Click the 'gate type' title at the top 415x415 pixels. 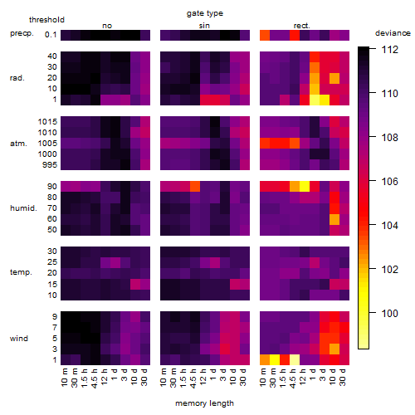[205, 13]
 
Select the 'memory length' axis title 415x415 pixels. [204, 403]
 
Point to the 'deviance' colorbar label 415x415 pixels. [393, 33]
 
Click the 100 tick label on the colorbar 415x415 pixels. [390, 313]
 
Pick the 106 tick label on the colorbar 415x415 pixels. [390, 182]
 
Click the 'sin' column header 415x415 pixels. [204, 26]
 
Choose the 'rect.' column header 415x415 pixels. [302, 26]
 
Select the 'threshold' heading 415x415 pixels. [46, 20]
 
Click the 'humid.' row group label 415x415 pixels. [23, 208]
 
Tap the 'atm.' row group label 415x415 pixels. [18, 144]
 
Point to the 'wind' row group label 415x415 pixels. [19, 339]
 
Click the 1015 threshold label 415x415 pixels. [47, 122]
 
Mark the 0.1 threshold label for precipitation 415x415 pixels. [51, 35]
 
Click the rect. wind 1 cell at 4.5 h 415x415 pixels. [295, 360]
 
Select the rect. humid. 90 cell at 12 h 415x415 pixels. [305, 187]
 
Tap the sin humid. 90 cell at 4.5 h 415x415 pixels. [195, 187]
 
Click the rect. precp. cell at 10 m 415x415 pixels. [265, 35]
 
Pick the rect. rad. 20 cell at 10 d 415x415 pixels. [334, 79]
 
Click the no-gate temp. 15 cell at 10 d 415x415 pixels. [135, 284]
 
